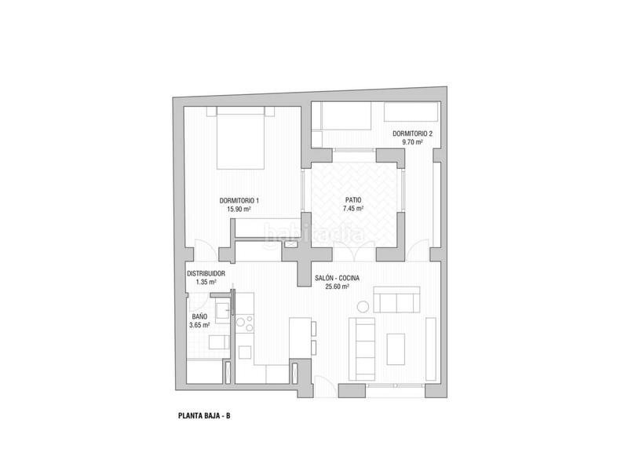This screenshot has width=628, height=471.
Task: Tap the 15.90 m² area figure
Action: click(239, 210)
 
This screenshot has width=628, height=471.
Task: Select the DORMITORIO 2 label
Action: click(412, 134)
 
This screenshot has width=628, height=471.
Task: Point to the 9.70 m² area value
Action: click(412, 143)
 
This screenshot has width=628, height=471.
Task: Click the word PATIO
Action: click(354, 200)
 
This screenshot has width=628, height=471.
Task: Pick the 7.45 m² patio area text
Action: click(354, 209)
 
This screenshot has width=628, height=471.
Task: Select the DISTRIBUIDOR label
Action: click(206, 273)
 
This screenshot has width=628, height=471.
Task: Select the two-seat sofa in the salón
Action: click(397, 301)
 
